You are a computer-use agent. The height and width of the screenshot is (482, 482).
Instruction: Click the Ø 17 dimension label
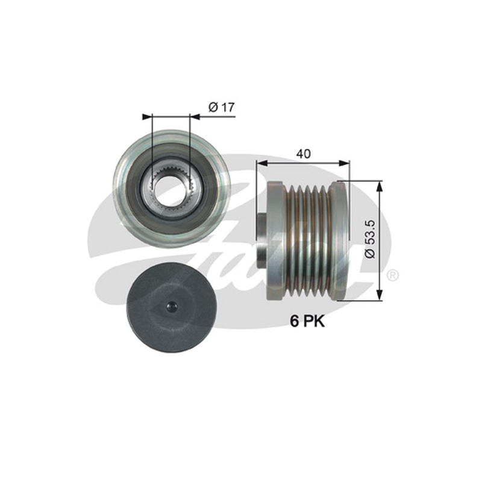tap(221, 107)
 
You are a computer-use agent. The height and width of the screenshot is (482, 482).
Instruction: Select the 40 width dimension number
tap(303, 154)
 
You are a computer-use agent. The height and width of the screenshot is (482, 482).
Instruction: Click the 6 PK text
tap(307, 322)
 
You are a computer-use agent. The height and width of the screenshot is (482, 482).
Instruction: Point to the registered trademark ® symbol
tap(393, 275)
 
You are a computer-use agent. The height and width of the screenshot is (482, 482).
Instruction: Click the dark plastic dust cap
tap(171, 307)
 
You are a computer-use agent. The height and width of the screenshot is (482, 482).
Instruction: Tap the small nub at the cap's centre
tap(171, 307)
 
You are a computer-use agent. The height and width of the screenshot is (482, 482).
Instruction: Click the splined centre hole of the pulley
tap(171, 190)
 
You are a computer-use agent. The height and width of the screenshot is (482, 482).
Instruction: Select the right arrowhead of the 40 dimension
tap(344, 163)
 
